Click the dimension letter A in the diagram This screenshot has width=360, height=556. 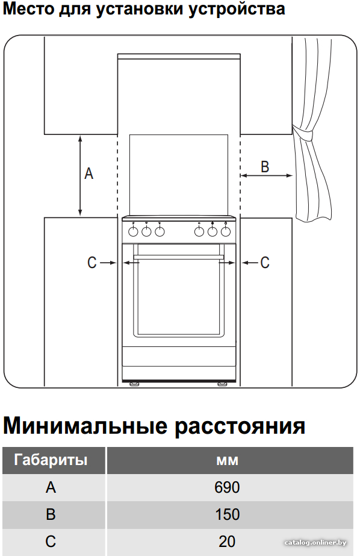point(88,173)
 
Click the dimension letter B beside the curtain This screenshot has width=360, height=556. point(265,167)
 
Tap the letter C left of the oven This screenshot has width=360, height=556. point(92,263)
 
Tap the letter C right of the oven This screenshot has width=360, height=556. point(265,263)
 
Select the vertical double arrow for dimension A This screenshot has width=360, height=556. point(80,176)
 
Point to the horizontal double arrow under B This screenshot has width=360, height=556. point(267,175)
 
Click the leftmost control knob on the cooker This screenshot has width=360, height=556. point(133,231)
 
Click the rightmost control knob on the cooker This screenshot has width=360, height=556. point(226,231)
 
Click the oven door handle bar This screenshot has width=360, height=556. point(179,257)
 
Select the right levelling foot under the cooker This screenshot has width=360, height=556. point(223,383)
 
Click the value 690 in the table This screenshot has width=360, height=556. point(227,487)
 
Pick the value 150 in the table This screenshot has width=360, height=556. point(227,514)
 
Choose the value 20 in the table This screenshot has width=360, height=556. point(227,542)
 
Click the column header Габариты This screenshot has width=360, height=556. point(51,460)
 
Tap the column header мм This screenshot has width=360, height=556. point(227,461)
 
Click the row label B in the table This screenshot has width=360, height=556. point(51,514)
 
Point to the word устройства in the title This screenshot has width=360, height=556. point(237,9)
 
